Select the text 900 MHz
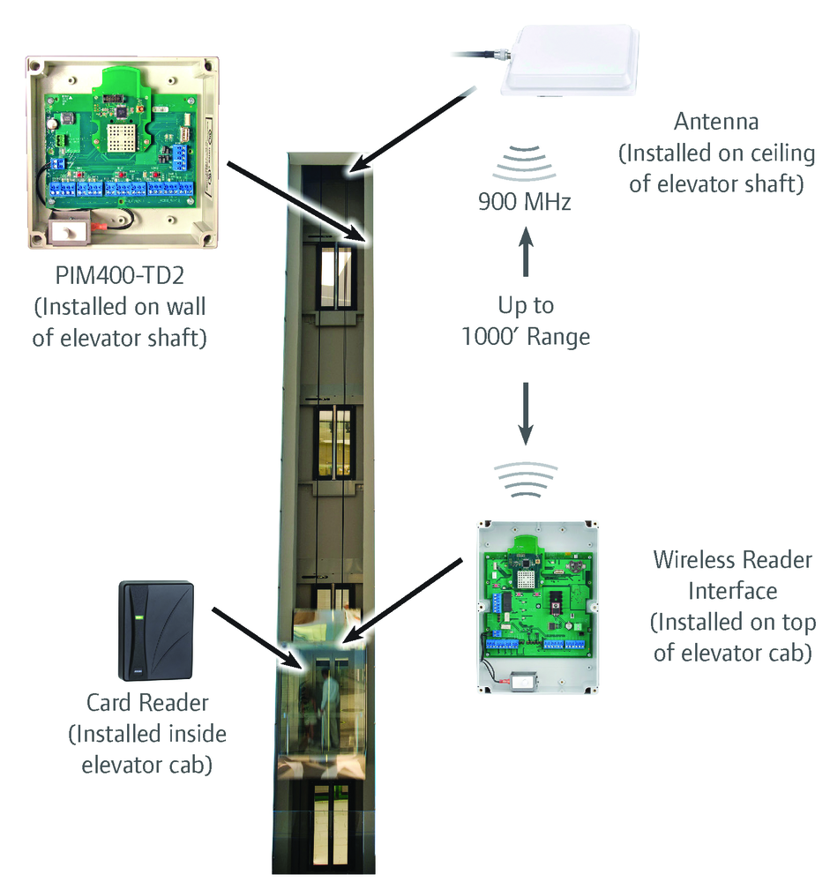[x=525, y=202]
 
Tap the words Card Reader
[x=147, y=703]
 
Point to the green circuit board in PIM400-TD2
[x=118, y=132]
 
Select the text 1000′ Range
[x=526, y=336]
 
